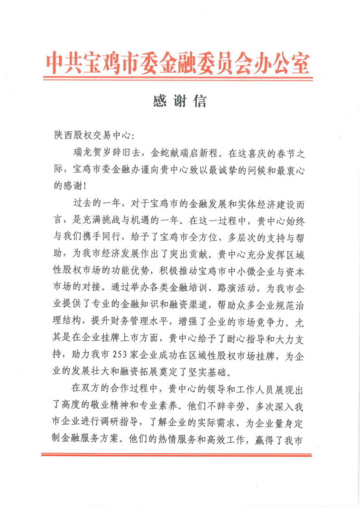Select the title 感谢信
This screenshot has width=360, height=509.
[180, 100]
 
